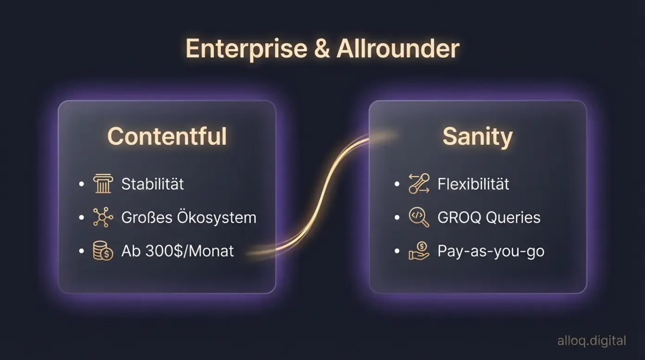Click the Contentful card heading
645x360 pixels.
[x=167, y=136]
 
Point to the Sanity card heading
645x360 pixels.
[x=478, y=136]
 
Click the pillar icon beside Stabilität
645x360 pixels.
[x=102, y=184]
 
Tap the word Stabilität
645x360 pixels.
[x=153, y=184]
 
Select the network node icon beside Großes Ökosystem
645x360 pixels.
[x=102, y=218]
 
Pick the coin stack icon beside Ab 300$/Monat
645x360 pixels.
[x=102, y=251]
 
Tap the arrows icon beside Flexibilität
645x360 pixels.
[x=419, y=184]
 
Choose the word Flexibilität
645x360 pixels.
[x=473, y=184]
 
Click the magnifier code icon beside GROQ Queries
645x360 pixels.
[x=419, y=218]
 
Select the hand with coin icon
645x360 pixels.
[x=419, y=251]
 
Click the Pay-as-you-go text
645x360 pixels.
[x=491, y=251]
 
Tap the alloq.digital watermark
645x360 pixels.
[x=592, y=341]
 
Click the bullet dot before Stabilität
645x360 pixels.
[x=82, y=184]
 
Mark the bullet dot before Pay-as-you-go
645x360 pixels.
[x=397, y=251]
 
